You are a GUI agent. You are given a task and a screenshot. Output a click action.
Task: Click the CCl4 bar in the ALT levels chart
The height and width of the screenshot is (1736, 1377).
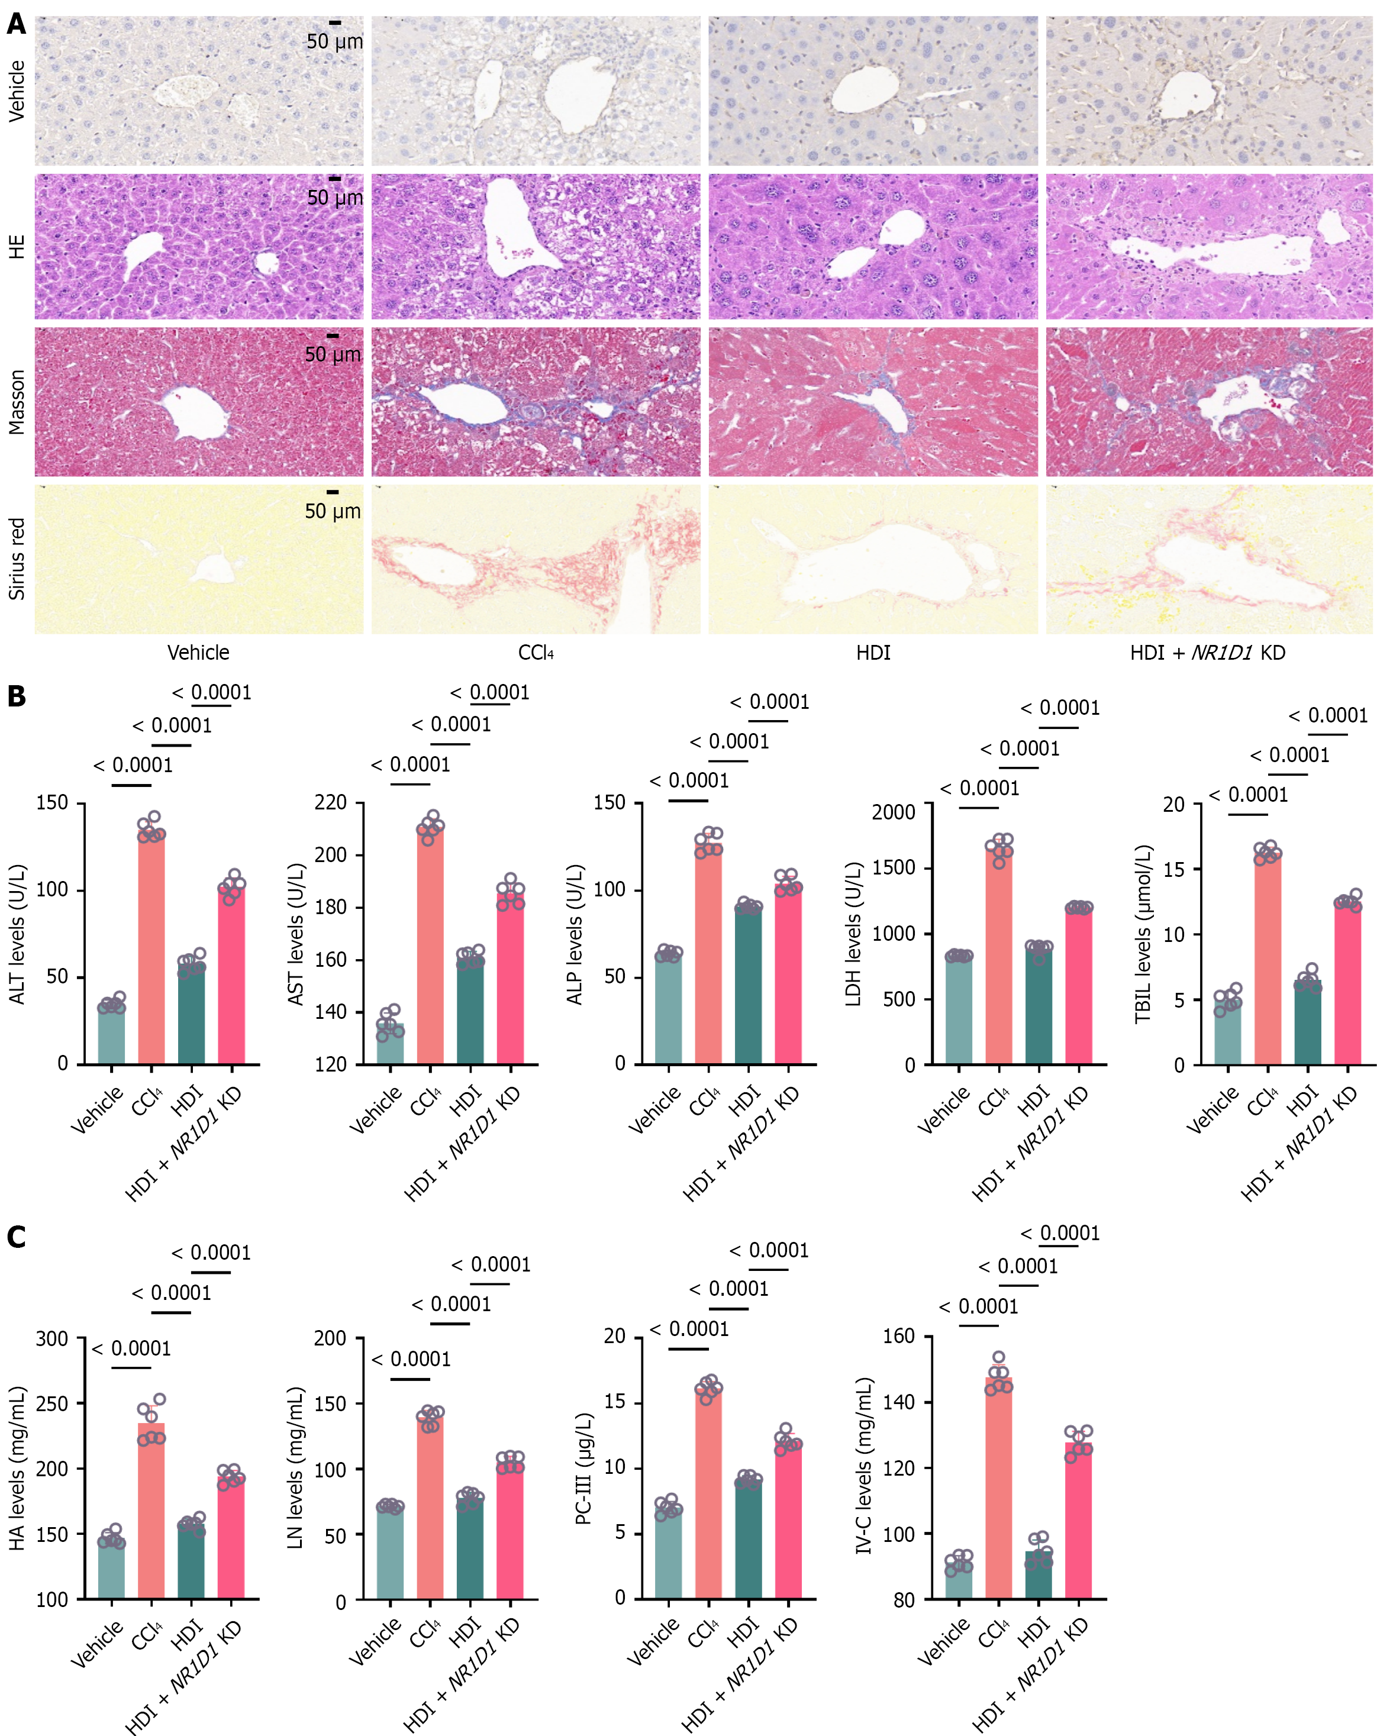tap(151, 950)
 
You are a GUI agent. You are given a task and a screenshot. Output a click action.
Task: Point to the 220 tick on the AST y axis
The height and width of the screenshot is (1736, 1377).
tap(330, 803)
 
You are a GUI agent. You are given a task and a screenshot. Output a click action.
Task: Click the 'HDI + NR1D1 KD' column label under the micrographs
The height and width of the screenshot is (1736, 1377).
tap(1207, 652)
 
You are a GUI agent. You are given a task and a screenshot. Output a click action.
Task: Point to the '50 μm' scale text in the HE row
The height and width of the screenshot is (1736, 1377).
tap(335, 198)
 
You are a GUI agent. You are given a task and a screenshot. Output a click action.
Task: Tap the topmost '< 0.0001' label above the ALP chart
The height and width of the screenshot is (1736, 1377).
tap(769, 702)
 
